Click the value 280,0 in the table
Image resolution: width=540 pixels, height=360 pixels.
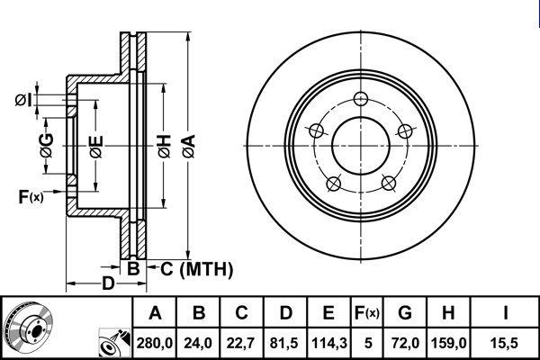pyautogui.click(x=155, y=343)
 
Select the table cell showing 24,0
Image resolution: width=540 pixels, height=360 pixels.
pyautogui.click(x=198, y=343)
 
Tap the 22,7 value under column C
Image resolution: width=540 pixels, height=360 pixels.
pyautogui.click(x=241, y=343)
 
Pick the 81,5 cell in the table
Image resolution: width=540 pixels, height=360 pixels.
pyautogui.click(x=285, y=343)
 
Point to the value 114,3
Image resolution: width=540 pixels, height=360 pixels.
pyautogui.click(x=328, y=343)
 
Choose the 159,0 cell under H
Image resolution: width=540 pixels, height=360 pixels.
pyautogui.click(x=448, y=343)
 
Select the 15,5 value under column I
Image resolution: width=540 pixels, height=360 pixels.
pyautogui.click(x=505, y=343)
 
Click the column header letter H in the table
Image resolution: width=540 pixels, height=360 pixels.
pyautogui.click(x=448, y=313)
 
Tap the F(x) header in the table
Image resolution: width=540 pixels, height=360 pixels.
pyautogui.click(x=367, y=313)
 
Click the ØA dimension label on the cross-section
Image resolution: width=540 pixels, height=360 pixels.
pyautogui.click(x=189, y=146)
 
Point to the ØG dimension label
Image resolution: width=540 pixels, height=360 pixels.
pyautogui.click(x=47, y=146)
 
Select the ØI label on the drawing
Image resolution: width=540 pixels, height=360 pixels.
pyautogui.click(x=23, y=101)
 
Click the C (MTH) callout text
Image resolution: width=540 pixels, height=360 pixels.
pyautogui.click(x=196, y=269)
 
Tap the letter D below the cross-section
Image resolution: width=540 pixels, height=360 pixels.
pyautogui.click(x=108, y=283)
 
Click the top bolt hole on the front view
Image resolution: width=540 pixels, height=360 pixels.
pyautogui.click(x=361, y=99)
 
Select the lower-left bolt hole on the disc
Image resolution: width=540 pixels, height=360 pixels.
pyautogui.click(x=333, y=184)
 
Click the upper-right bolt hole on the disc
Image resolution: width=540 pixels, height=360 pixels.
pyautogui.click(x=405, y=130)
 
